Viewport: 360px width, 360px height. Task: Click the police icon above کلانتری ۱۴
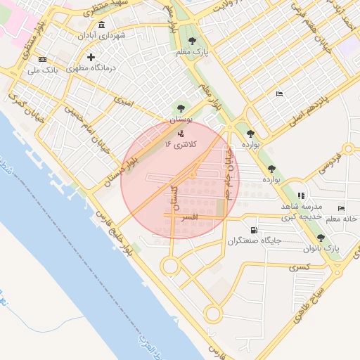point(181,132)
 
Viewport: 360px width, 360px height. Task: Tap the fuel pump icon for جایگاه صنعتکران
point(253,230)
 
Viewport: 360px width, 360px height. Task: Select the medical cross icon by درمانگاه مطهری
point(90,57)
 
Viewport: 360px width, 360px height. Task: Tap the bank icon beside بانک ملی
point(42,59)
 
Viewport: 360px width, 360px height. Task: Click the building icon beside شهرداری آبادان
point(102,25)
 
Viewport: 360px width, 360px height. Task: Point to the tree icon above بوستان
point(181,108)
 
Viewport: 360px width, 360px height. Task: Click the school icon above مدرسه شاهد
point(301,195)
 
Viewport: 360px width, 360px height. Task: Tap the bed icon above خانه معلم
point(341,208)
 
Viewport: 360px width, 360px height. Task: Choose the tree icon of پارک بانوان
point(321,238)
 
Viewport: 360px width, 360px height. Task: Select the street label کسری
point(297,267)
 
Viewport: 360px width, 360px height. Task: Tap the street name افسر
point(189,218)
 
